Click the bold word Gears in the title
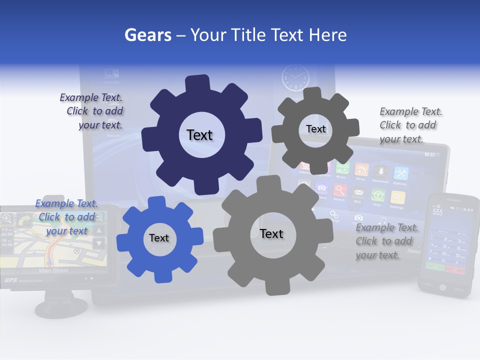click(x=147, y=35)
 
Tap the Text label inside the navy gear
click(x=199, y=135)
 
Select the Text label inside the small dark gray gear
click(x=315, y=129)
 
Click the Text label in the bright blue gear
click(x=158, y=238)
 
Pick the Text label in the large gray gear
click(x=271, y=233)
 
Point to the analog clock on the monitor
click(x=295, y=78)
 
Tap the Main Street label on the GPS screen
click(x=53, y=270)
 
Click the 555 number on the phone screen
click(x=437, y=212)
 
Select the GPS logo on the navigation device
click(x=10, y=280)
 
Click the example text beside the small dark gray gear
click(x=410, y=125)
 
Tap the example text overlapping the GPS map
click(x=66, y=217)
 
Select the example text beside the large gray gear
click(x=386, y=241)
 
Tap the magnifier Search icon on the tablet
click(x=339, y=190)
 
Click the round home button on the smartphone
click(x=442, y=287)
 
